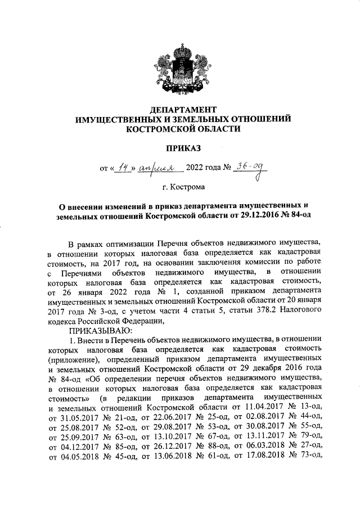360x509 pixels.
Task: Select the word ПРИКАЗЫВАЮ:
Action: click(100, 330)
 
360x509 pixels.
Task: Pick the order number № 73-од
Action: click(304, 454)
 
